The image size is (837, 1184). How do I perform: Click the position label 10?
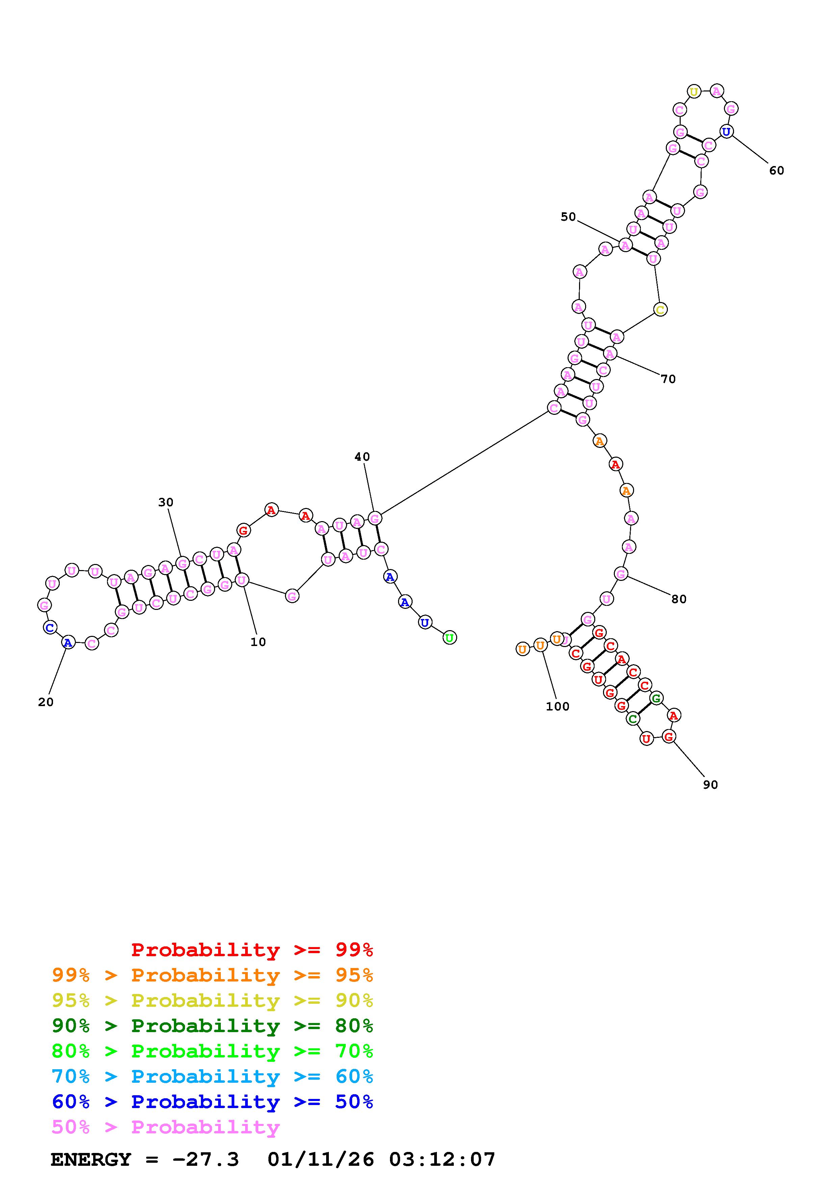(258, 642)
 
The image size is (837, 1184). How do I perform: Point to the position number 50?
(568, 217)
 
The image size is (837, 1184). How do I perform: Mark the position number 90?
(710, 784)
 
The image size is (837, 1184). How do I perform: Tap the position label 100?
(557, 706)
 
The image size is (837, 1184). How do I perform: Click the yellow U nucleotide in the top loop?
(694, 92)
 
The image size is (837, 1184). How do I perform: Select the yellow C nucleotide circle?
(660, 310)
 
